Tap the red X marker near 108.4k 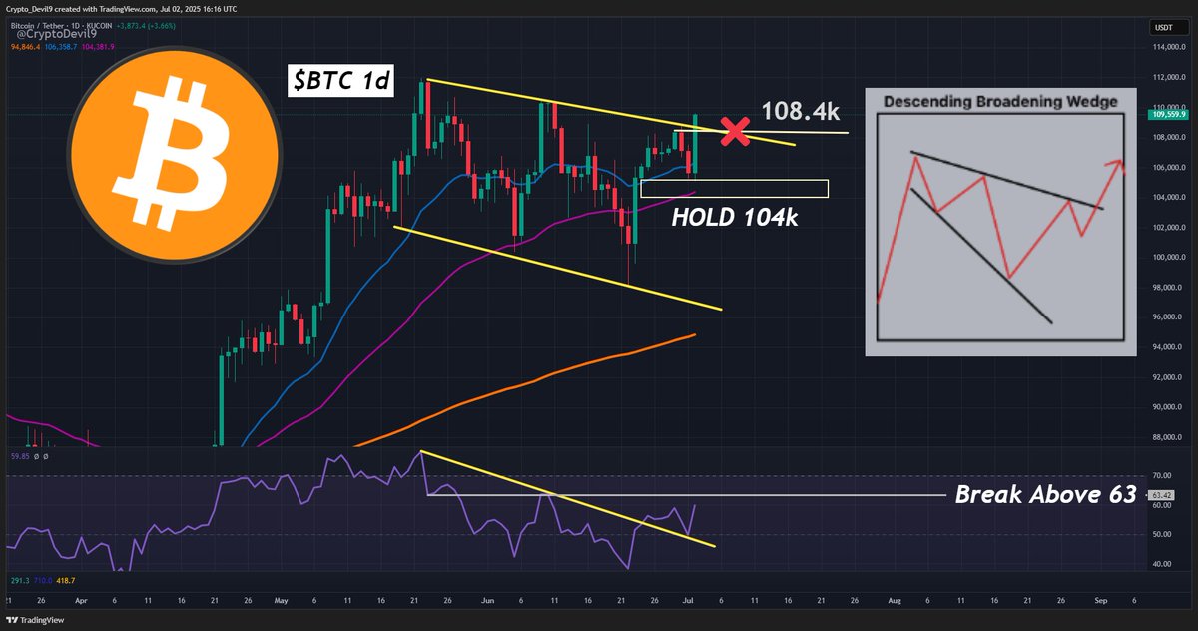[x=736, y=131]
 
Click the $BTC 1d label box [x=341, y=83]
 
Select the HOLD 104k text [x=734, y=217]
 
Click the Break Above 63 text [x=1045, y=494]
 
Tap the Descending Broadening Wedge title [x=1000, y=101]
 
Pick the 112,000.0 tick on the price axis [x=1161, y=77]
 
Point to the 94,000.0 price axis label [x=1161, y=347]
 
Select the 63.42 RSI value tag [x=1161, y=494]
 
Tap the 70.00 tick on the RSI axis [x=1161, y=476]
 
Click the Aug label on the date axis [x=894, y=602]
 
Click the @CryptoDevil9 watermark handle [x=54, y=35]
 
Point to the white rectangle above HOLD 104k [x=734, y=188]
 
